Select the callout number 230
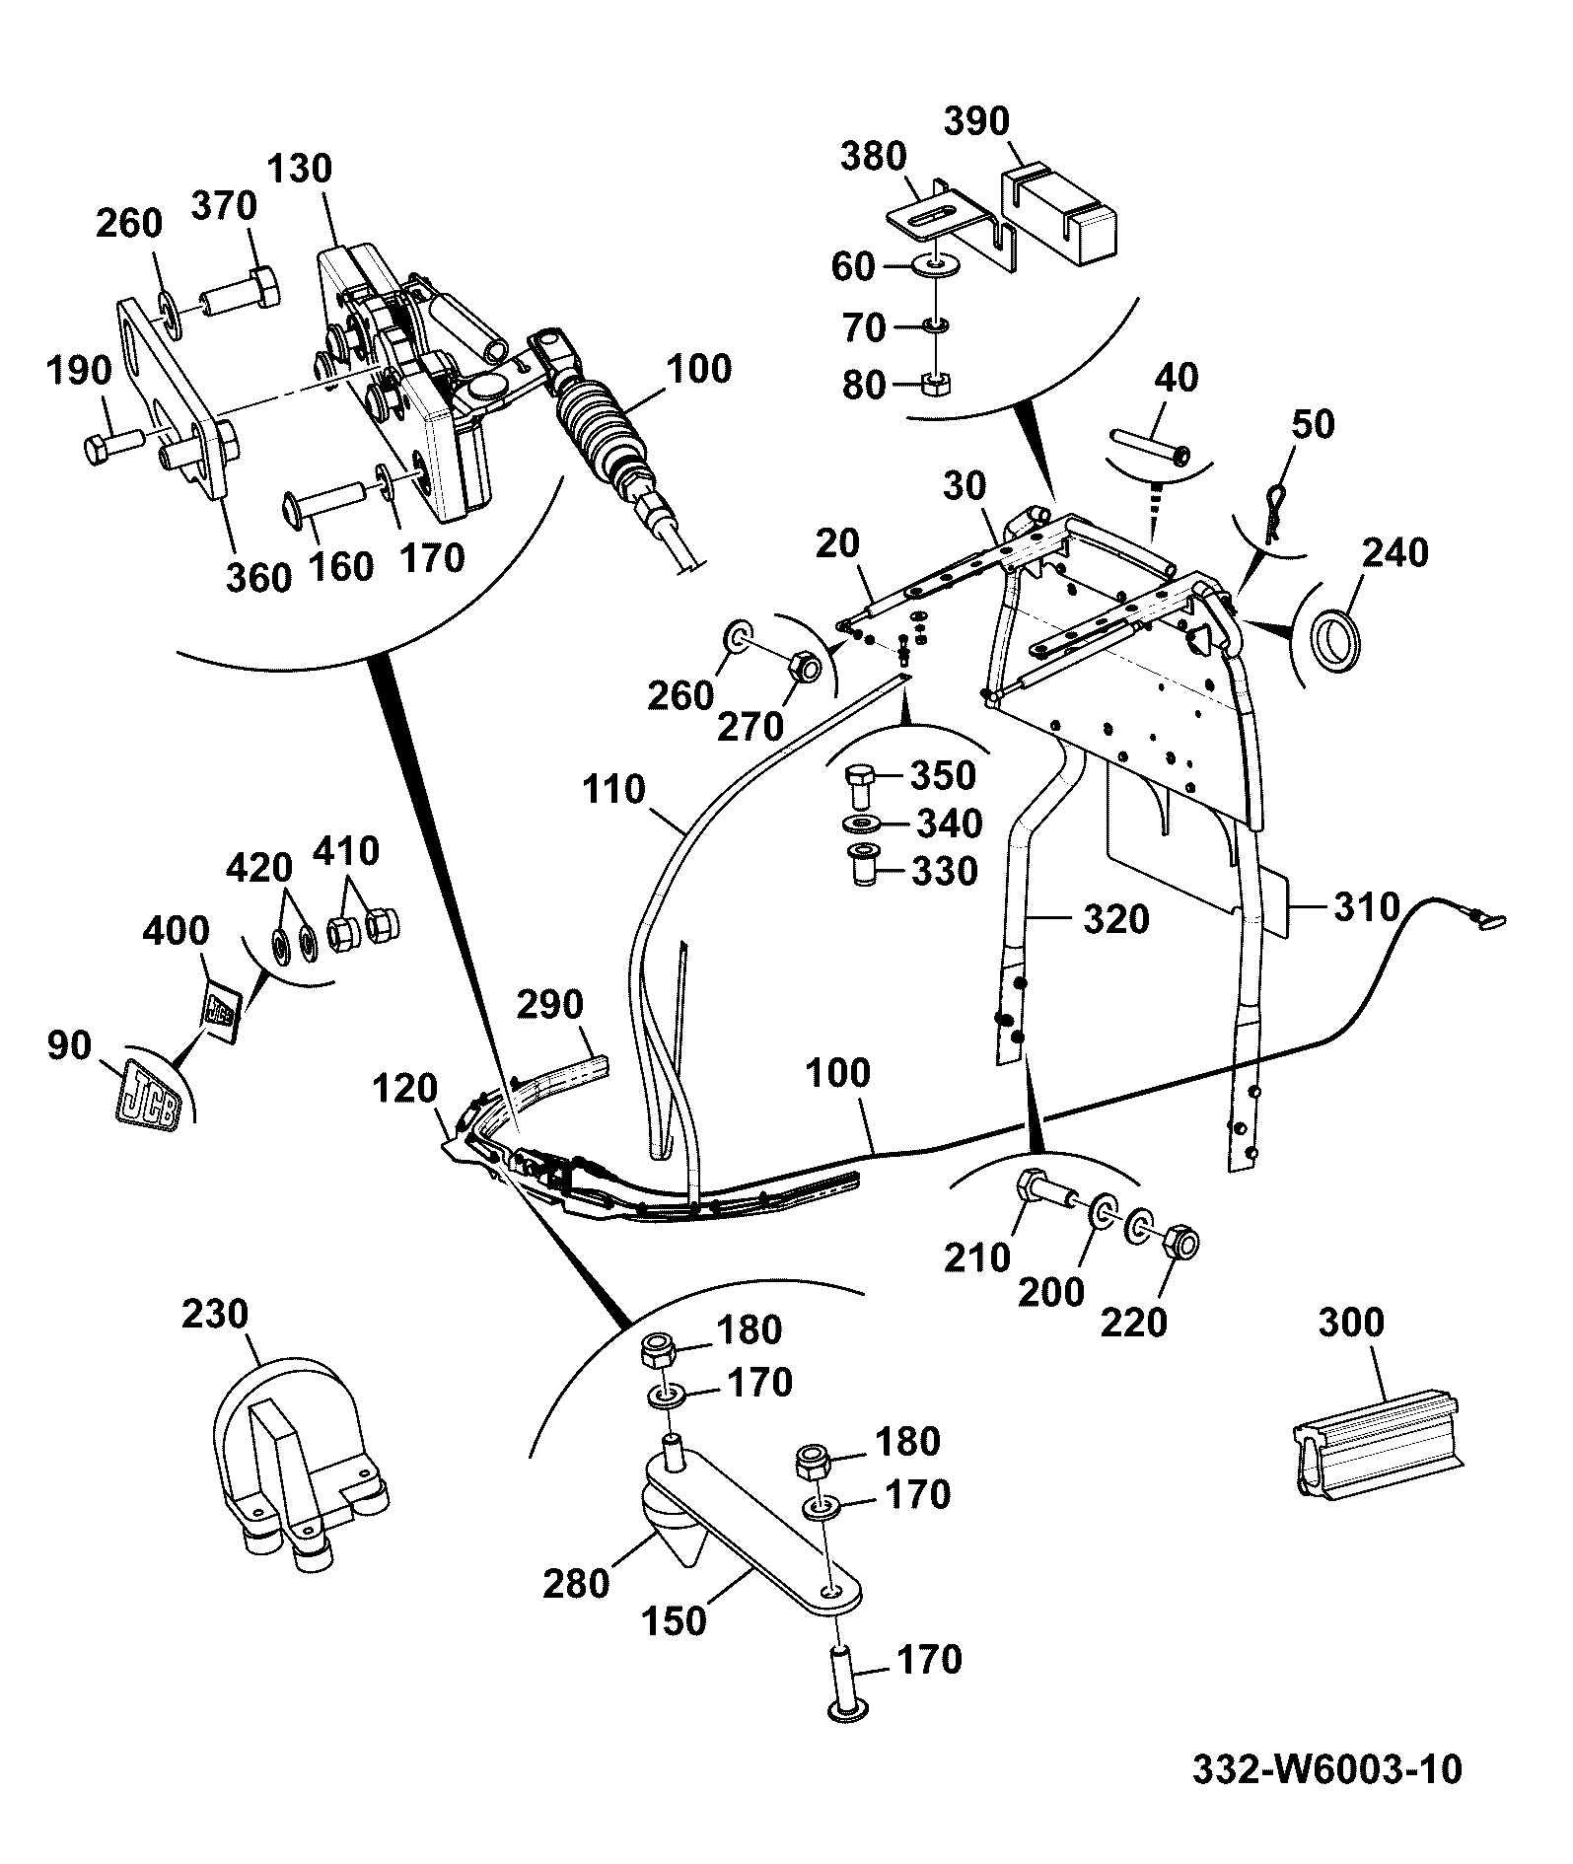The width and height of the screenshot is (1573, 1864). (215, 1314)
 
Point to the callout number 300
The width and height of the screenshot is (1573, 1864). (1351, 1322)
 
